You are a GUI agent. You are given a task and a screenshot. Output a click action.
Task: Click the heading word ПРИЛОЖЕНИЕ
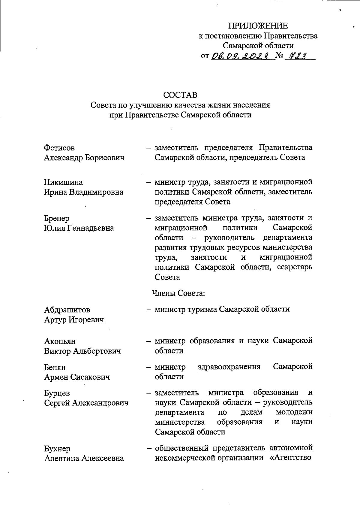(258, 26)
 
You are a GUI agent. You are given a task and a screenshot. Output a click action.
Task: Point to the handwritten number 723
(298, 56)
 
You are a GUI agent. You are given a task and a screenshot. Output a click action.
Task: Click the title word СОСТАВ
(180, 95)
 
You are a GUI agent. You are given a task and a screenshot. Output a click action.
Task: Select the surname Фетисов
(59, 148)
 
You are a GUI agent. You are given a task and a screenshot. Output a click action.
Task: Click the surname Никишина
(63, 182)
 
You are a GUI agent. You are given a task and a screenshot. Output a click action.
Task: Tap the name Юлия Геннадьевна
(79, 228)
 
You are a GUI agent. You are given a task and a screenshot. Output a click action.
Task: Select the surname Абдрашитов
(67, 310)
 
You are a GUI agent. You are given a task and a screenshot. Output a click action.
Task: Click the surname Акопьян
(60, 341)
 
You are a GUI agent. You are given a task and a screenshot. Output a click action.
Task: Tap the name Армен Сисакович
(77, 377)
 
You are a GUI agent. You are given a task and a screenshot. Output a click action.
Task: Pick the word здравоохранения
(229, 367)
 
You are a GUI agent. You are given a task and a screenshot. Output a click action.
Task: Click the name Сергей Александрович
(86, 403)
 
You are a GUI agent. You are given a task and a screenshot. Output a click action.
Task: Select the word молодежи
(294, 412)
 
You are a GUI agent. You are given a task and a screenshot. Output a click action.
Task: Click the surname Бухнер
(57, 449)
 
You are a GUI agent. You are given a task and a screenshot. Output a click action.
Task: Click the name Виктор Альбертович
(82, 351)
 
